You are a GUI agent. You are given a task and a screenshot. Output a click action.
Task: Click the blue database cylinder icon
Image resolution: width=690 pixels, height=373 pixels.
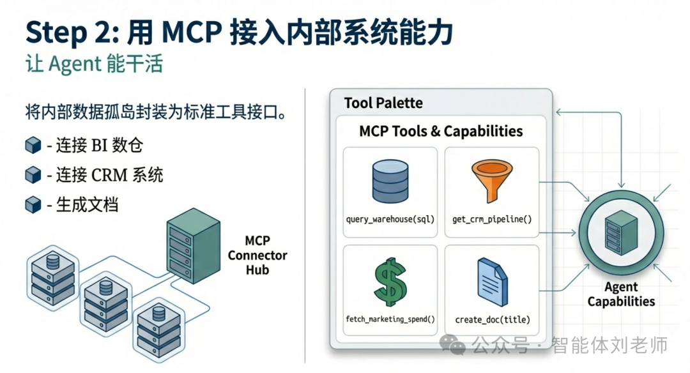point(390,183)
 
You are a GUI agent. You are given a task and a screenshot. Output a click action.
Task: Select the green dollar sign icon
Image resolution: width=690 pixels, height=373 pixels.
point(390,283)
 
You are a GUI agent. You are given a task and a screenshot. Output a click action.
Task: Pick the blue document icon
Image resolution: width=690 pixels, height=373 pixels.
point(491,282)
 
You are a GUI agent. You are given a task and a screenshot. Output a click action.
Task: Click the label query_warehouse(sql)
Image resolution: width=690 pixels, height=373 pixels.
point(390,219)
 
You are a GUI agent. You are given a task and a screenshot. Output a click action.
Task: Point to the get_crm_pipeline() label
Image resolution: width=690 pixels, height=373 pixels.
point(491,219)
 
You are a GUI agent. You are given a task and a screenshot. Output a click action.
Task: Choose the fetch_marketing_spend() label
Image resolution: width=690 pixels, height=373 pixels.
point(390,319)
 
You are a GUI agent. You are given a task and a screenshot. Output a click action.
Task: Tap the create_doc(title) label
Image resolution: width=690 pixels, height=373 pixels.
point(491,319)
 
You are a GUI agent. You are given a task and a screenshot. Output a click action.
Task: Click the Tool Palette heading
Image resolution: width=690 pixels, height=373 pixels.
point(383,103)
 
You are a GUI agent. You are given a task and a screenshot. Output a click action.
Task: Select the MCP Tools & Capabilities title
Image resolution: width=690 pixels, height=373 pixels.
point(441,132)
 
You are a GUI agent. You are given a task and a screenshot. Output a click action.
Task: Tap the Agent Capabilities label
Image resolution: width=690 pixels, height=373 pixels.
point(621,294)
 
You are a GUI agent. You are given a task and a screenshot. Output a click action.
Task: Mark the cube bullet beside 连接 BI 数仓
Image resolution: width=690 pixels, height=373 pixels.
point(33,146)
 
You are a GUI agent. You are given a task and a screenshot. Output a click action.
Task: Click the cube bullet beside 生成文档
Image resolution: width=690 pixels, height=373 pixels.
point(33,204)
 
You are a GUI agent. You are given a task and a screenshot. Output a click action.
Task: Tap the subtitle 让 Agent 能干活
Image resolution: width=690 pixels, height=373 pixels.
point(94,65)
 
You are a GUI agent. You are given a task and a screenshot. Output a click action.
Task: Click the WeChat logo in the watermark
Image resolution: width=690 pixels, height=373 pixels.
point(456,346)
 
